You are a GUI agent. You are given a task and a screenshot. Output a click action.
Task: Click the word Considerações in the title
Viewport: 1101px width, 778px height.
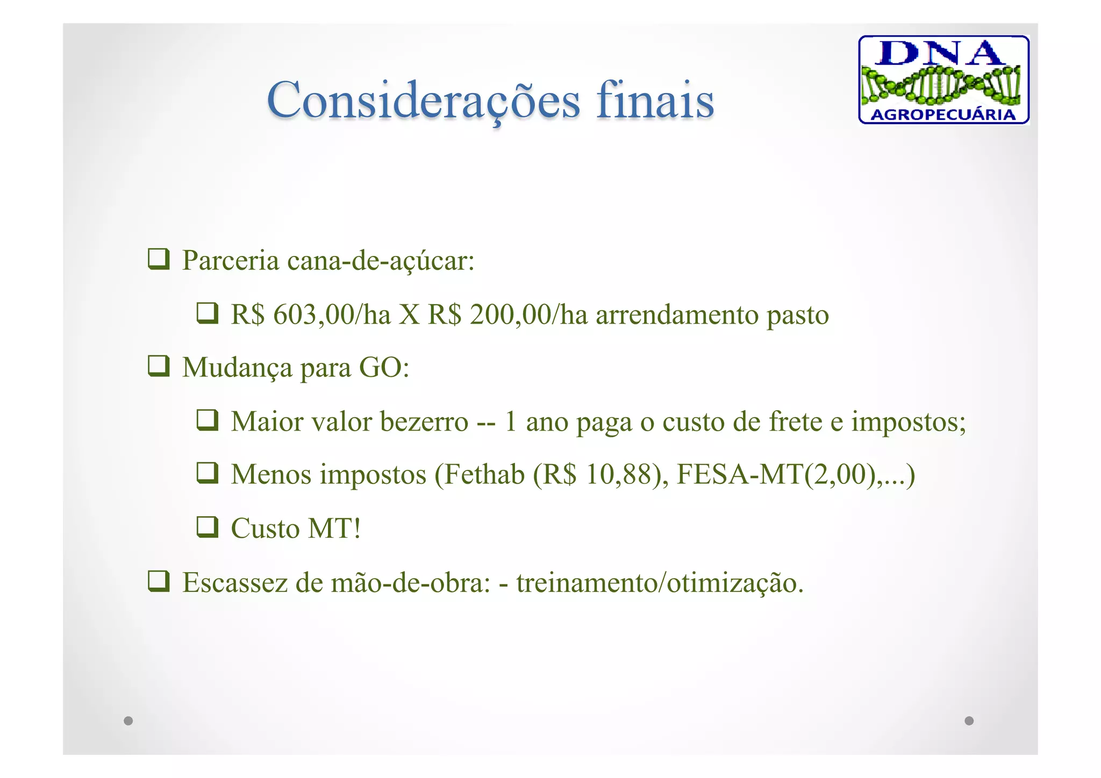click(423, 101)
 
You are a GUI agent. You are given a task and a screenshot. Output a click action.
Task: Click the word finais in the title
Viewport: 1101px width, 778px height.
click(655, 101)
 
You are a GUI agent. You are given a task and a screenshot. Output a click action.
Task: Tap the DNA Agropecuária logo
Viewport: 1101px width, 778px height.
click(943, 80)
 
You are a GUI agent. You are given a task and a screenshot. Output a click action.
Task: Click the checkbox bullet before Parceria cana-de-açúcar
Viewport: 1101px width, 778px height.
click(159, 259)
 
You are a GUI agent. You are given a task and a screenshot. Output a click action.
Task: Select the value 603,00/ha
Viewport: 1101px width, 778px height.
click(332, 315)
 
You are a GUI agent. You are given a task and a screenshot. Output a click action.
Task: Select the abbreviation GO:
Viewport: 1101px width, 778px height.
click(384, 368)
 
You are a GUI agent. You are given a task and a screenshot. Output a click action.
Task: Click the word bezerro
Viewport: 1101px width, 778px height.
click(424, 422)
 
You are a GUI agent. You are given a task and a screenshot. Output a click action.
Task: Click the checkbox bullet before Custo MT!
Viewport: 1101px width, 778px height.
click(207, 527)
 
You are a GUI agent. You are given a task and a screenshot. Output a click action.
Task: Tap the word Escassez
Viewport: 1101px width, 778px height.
click(235, 583)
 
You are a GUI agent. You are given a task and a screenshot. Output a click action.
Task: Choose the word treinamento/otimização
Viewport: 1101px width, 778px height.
click(660, 583)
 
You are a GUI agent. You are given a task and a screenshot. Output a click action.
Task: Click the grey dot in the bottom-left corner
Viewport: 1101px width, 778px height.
click(128, 720)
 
